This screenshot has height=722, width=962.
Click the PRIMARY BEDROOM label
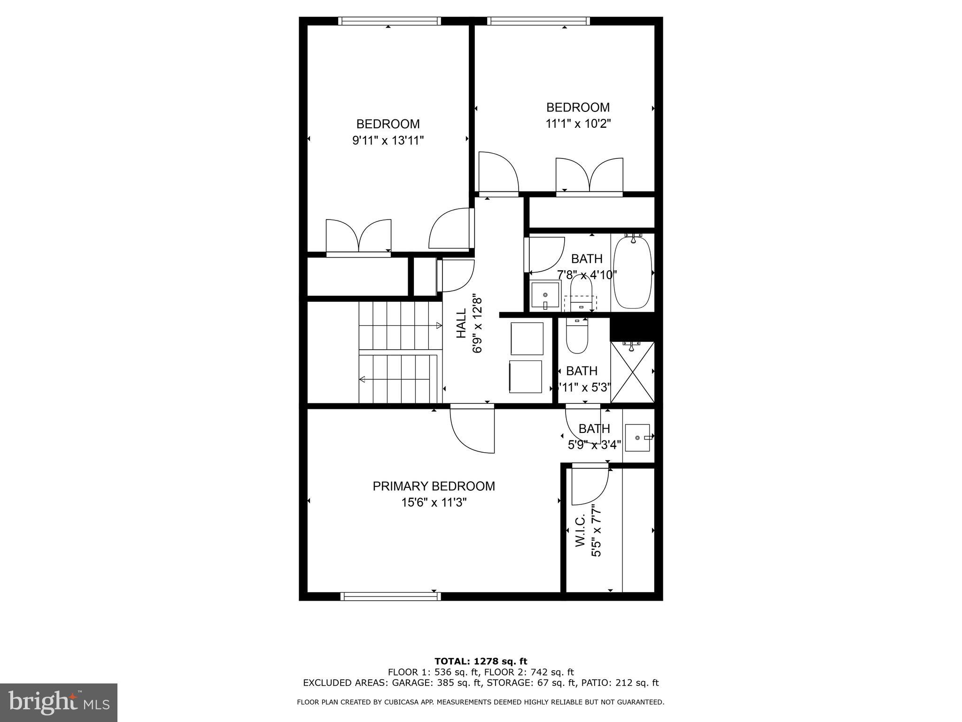434,486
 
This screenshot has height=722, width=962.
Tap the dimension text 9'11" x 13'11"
388,141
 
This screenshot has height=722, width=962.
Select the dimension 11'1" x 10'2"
578,124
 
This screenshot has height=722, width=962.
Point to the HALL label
462,323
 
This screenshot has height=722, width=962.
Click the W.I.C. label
580,530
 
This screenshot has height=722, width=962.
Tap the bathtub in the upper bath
633,272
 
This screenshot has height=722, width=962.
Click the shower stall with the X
632,372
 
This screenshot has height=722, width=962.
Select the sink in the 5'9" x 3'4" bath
637,438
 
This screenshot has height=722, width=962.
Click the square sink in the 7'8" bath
545,295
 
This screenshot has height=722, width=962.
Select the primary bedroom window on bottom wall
391,596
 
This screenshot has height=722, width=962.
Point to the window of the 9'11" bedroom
389,21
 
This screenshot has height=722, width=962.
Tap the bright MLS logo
59,703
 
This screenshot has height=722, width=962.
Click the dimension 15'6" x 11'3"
434,502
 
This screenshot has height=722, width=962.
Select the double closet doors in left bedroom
358,237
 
